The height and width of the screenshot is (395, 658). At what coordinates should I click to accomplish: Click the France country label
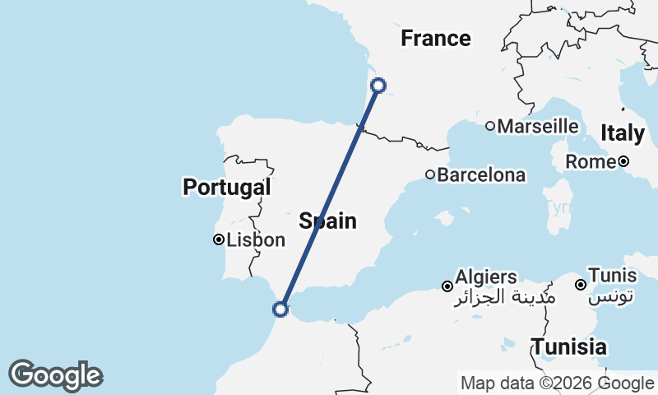435,39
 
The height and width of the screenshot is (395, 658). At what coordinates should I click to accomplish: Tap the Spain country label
327,221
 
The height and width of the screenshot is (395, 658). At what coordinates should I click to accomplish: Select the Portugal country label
226,188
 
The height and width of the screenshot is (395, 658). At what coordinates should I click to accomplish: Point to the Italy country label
623,133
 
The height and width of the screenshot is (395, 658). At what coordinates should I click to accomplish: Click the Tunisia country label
569,346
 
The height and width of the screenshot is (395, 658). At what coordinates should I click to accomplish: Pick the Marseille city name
538,127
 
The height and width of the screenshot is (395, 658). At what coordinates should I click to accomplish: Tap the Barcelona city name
481,175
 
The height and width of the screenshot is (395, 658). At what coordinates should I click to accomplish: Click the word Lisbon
256,241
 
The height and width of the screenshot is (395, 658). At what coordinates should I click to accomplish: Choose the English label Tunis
614,277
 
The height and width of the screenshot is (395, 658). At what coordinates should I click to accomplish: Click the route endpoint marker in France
378,85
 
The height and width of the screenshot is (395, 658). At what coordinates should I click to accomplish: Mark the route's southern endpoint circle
280,309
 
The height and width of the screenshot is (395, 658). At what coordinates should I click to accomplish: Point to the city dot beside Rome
624,162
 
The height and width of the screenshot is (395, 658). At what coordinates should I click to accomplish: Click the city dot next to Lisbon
219,240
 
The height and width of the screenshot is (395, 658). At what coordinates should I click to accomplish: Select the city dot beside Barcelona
430,174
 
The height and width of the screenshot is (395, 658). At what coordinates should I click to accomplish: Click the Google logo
55,375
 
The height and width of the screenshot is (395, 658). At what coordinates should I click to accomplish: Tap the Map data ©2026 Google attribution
557,383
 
